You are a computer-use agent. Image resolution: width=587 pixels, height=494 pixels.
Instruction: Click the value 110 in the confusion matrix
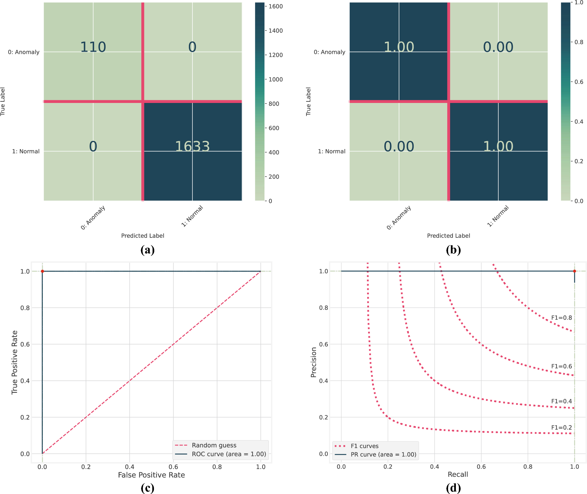tap(93, 47)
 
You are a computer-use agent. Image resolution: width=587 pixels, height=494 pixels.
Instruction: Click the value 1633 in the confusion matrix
tap(192, 146)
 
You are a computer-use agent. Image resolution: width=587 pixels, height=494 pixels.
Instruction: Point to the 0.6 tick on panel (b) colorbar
tap(579, 82)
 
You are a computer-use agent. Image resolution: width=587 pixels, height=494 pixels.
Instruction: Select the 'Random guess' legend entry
tap(214, 445)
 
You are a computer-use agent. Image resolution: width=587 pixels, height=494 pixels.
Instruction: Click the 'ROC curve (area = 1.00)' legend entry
tap(229, 454)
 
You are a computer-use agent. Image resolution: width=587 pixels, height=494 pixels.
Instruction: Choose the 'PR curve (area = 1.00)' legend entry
tap(383, 455)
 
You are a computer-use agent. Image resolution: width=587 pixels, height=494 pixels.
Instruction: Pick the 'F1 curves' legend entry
tap(364, 446)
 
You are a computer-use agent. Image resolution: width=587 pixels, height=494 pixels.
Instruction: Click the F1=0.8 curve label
tap(561, 318)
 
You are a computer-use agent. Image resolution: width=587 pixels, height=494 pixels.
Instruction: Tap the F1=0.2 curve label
tap(561, 427)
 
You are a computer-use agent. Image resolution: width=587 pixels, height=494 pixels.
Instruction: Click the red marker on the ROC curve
tap(42, 271)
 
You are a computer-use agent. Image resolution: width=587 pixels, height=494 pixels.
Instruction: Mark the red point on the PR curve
tap(574, 271)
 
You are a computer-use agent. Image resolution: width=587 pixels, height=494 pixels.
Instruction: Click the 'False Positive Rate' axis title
tap(151, 475)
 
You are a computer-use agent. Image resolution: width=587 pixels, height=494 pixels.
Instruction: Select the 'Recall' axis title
tap(458, 474)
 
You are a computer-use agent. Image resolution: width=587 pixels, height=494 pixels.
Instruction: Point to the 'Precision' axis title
tap(314, 362)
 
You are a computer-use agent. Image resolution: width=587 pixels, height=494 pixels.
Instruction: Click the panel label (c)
tap(147, 488)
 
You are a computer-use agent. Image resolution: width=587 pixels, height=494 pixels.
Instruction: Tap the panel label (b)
tap(453, 250)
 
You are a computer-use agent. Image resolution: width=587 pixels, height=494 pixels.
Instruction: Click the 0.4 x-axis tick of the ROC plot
tap(130, 467)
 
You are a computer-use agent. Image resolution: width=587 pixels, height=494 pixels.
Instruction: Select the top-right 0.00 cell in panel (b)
tap(498, 47)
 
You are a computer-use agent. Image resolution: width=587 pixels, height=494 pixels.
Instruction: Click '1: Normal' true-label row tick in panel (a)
tap(26, 151)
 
